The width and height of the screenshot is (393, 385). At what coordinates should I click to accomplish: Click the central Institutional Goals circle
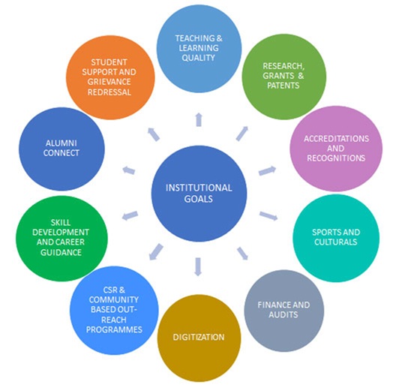pyautogui.click(x=199, y=194)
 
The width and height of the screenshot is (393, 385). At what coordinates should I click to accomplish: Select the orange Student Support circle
pyautogui.click(x=110, y=77)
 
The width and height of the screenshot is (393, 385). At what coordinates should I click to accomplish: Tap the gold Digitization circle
pyautogui.click(x=199, y=338)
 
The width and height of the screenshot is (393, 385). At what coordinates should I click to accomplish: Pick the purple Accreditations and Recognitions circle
pyautogui.click(x=336, y=149)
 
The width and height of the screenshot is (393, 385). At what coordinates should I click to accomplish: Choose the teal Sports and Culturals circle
pyautogui.click(x=336, y=238)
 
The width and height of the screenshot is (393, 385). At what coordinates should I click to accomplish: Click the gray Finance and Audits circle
pyautogui.click(x=284, y=311)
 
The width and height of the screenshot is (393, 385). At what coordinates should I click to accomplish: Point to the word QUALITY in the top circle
pyautogui.click(x=198, y=58)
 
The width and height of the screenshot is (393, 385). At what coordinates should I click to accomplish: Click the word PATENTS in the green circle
pyautogui.click(x=283, y=86)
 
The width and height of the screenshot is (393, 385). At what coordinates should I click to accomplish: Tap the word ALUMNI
pyautogui.click(x=61, y=143)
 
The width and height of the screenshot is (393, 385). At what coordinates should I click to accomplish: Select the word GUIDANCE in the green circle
pyautogui.click(x=61, y=252)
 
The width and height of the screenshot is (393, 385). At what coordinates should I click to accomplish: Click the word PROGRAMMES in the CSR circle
pyautogui.click(x=114, y=329)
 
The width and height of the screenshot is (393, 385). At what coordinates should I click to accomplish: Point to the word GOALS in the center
pyautogui.click(x=199, y=199)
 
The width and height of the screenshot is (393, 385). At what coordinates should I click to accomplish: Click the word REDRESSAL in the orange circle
pyautogui.click(x=109, y=92)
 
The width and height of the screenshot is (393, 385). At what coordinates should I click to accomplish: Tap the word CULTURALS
pyautogui.click(x=336, y=242)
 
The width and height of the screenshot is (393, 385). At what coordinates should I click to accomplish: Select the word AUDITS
pyautogui.click(x=283, y=314)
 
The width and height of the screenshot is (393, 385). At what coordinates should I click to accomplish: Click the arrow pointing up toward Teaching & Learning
pyautogui.click(x=199, y=119)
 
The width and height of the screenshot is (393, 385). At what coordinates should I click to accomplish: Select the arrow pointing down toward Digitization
pyautogui.click(x=198, y=266)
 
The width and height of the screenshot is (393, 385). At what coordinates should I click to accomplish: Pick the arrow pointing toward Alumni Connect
pyautogui.click(x=129, y=170)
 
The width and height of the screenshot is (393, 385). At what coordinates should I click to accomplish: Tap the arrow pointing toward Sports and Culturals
pyautogui.click(x=268, y=216)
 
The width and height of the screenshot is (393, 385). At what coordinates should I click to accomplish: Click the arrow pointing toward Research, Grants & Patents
pyautogui.click(x=242, y=134)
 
